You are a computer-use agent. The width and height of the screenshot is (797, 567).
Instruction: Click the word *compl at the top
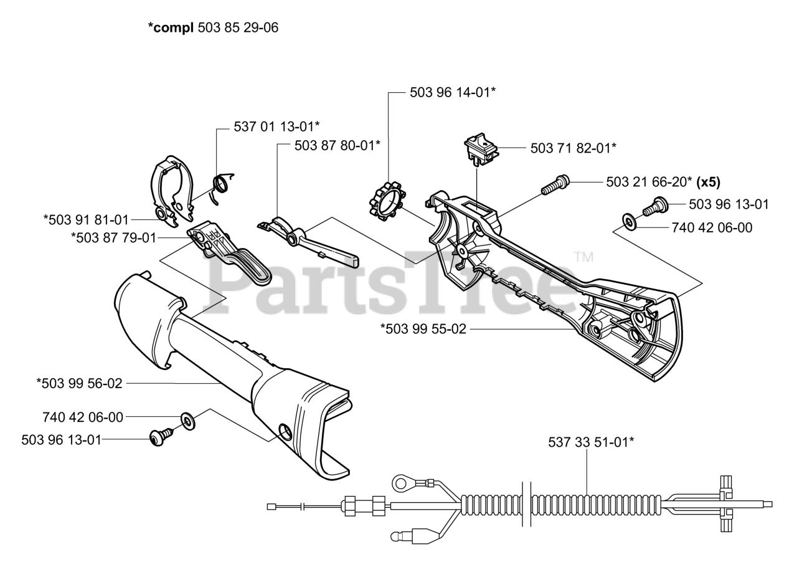tap(171, 27)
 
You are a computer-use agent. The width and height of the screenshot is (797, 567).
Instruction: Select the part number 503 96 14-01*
tap(453, 92)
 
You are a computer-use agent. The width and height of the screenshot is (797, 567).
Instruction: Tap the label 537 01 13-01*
tap(276, 126)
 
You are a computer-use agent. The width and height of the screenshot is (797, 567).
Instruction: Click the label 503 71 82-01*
tap(573, 148)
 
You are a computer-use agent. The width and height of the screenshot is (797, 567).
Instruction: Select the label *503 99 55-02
tap(423, 328)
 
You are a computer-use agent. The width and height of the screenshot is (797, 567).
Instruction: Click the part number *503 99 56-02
tap(79, 384)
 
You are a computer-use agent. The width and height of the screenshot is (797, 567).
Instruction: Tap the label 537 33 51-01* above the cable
tap(591, 442)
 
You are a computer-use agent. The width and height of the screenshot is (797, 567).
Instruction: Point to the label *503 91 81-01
tap(86, 219)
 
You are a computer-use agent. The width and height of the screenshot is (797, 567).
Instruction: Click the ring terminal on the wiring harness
tap(402, 482)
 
